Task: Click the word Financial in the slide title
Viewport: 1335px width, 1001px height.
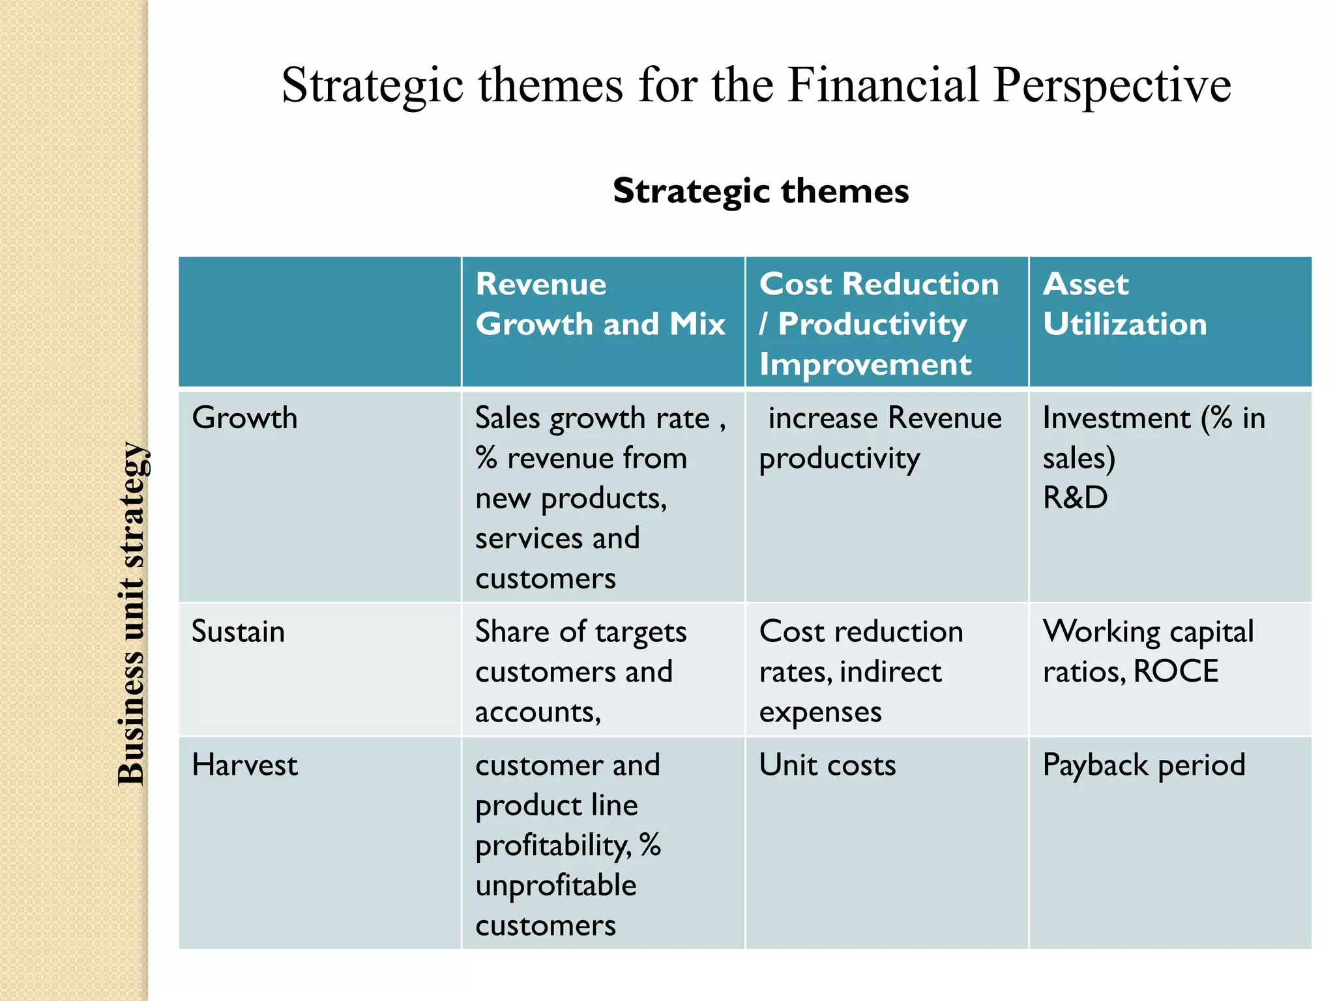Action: (883, 85)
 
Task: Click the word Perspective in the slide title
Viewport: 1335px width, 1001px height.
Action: (1112, 87)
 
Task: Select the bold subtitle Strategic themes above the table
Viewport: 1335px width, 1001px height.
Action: (761, 191)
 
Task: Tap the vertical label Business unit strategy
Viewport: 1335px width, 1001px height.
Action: (132, 613)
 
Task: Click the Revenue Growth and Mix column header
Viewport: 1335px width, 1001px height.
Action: (600, 304)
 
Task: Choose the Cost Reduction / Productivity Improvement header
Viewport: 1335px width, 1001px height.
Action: (879, 324)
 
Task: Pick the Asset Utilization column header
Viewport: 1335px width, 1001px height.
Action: (1124, 304)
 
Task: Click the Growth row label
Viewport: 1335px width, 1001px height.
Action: (244, 418)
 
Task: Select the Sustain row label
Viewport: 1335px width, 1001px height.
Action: (238, 631)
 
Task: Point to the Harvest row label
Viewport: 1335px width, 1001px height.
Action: (244, 765)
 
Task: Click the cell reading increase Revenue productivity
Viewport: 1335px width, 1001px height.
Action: (880, 438)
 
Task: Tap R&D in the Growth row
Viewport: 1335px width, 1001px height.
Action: (1075, 498)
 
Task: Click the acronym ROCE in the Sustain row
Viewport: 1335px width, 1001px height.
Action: (1175, 672)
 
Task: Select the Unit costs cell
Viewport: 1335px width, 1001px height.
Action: (827, 765)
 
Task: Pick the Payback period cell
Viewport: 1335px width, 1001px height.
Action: (1143, 765)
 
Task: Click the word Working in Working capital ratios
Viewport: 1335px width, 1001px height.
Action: (1101, 631)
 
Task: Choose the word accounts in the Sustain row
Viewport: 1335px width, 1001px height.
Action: (536, 712)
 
